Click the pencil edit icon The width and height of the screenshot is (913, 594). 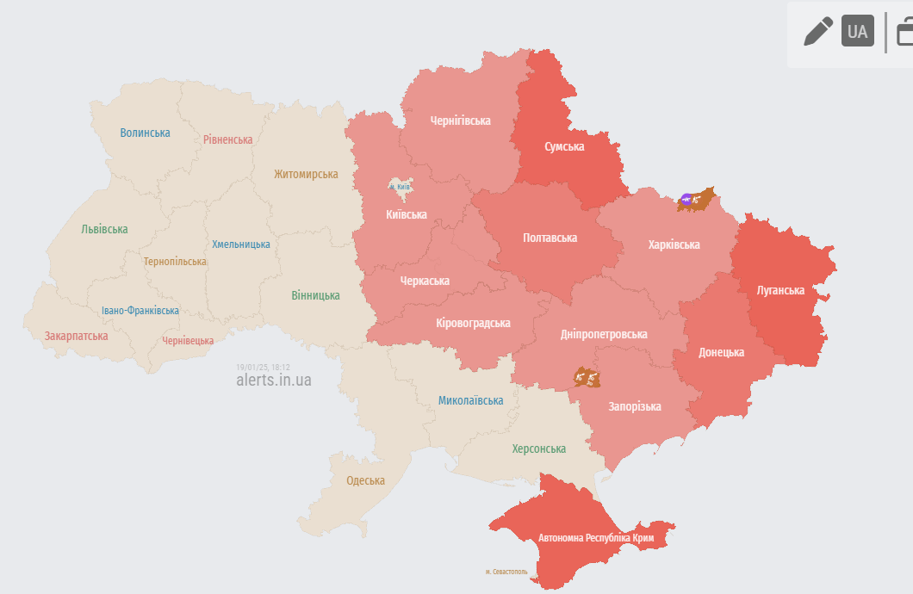(x=817, y=32)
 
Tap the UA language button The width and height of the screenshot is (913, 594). (x=857, y=32)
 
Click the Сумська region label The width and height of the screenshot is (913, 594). (x=564, y=146)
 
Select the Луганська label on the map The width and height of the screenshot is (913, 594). (x=780, y=290)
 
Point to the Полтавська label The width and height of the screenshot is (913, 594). (x=550, y=238)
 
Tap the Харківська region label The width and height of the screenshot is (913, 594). (x=674, y=244)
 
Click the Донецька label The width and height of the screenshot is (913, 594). (x=721, y=352)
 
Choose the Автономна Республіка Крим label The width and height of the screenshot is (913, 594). (x=596, y=538)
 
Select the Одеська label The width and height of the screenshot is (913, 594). (x=365, y=480)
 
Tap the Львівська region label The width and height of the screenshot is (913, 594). (x=104, y=229)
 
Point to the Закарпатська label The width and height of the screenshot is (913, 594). (x=76, y=336)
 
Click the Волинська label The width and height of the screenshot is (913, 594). (x=145, y=133)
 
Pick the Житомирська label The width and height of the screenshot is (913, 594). (x=306, y=174)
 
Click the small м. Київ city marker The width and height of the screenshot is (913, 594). (x=398, y=186)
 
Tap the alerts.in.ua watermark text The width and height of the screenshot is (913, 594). (x=274, y=380)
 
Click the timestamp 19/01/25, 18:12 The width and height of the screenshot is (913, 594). (x=263, y=367)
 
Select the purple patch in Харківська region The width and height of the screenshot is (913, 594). (x=687, y=201)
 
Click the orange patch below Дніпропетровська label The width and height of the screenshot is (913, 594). (x=587, y=377)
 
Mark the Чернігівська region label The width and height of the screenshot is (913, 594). (x=460, y=121)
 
